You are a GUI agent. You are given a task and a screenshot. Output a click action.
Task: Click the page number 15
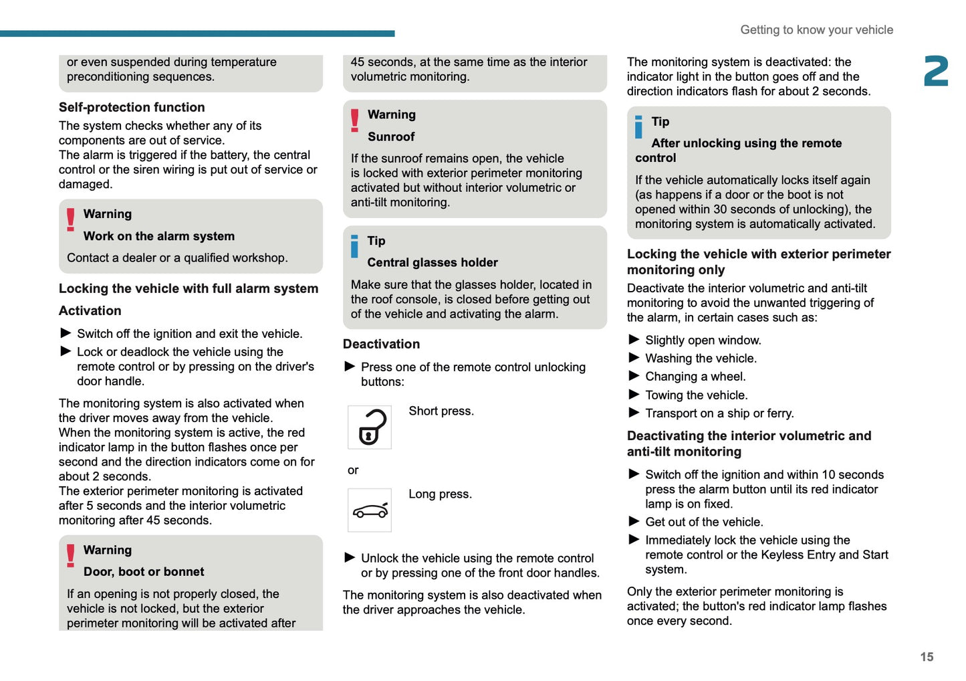click(x=927, y=657)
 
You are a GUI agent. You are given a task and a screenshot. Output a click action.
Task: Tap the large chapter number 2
click(x=936, y=72)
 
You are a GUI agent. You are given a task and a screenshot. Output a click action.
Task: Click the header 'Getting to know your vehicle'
click(x=816, y=30)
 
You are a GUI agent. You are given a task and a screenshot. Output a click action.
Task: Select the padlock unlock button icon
click(x=370, y=427)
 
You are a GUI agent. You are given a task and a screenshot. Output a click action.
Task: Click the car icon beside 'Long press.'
click(x=370, y=510)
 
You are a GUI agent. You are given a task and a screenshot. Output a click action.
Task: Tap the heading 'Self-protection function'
click(x=132, y=108)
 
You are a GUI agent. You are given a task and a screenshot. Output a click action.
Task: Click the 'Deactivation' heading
click(x=381, y=345)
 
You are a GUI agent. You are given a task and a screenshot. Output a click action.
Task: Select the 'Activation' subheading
click(x=90, y=311)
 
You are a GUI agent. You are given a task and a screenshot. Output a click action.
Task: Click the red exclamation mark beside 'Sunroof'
click(x=355, y=120)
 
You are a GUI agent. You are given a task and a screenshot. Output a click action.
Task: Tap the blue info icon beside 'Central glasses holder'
click(x=354, y=246)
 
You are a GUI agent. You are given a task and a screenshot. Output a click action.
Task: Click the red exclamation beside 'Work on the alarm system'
click(x=71, y=219)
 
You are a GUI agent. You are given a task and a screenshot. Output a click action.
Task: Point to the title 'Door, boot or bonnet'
click(x=144, y=572)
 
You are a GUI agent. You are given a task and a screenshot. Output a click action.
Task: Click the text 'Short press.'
click(x=441, y=411)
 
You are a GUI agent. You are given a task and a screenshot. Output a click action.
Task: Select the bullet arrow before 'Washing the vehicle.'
click(x=634, y=358)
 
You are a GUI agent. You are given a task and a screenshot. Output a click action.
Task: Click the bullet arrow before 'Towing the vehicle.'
click(x=634, y=395)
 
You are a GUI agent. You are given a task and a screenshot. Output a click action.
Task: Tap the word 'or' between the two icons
click(x=353, y=470)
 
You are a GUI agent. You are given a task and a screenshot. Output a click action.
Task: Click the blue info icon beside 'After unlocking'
click(x=638, y=127)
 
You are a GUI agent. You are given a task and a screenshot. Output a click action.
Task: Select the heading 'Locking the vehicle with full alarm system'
click(x=189, y=289)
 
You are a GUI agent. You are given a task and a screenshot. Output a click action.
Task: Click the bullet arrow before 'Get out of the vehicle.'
click(x=634, y=521)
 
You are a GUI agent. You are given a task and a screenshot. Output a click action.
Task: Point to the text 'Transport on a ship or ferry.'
click(x=719, y=413)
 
